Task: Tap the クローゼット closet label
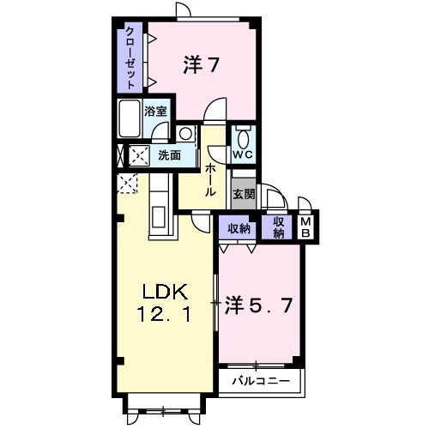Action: point(130,57)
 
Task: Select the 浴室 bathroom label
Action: point(155,111)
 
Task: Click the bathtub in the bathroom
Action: point(130,118)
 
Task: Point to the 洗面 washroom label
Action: point(169,155)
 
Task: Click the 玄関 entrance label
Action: point(244,194)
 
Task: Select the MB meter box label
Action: point(306,227)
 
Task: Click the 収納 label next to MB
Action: point(279,227)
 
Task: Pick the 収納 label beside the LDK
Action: point(239,227)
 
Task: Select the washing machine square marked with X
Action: point(137,155)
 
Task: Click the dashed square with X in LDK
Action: point(127,184)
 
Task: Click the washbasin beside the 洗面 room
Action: point(186,133)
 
